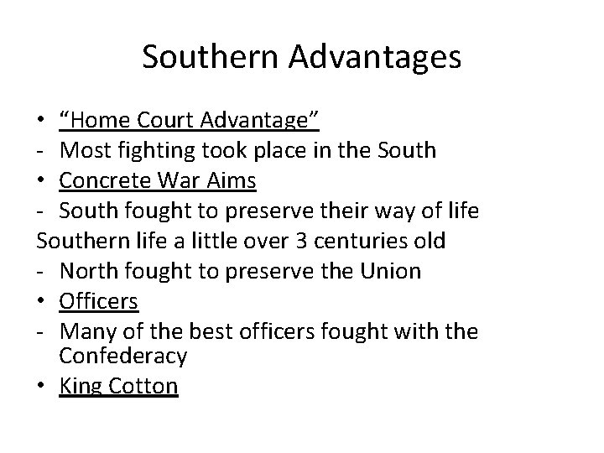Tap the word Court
[167, 122]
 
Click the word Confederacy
[124, 357]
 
